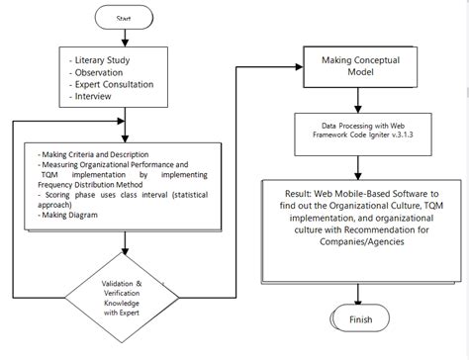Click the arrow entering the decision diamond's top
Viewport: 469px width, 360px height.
pyautogui.click(x=125, y=247)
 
